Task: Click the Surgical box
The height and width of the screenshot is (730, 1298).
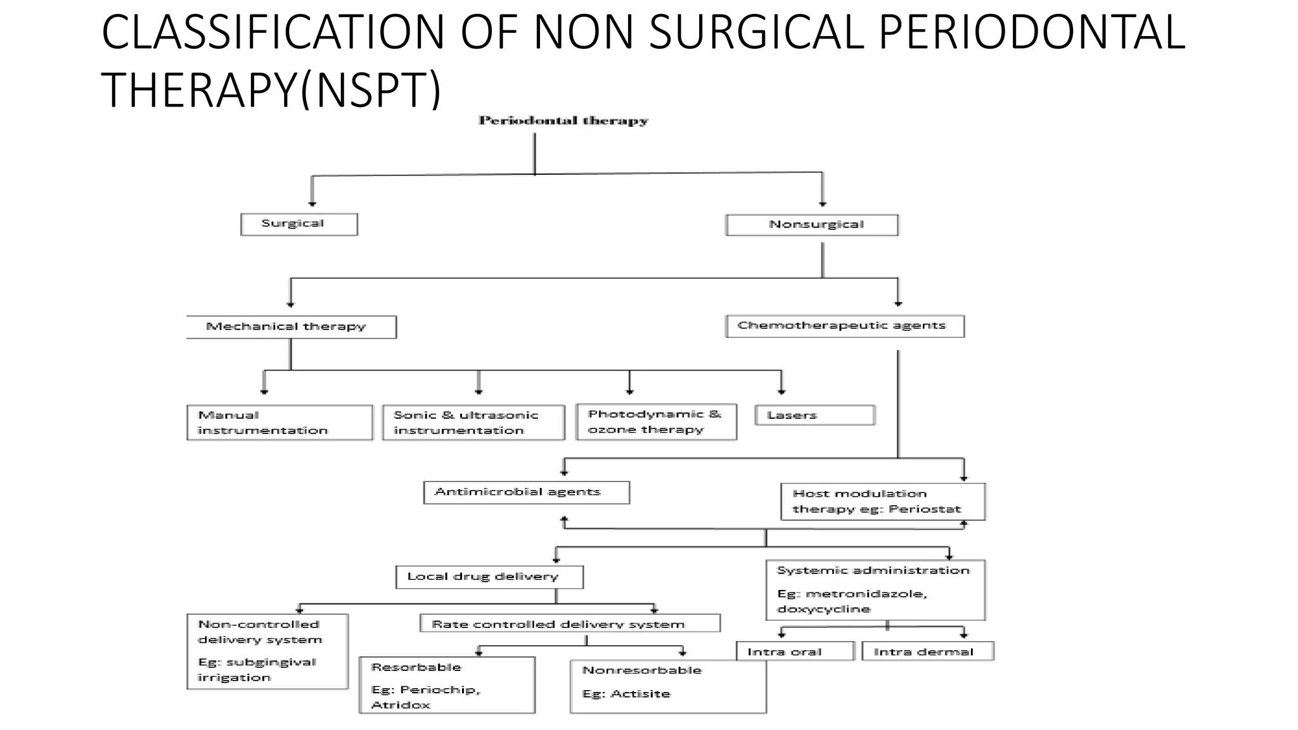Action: (299, 224)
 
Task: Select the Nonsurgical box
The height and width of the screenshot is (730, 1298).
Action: (812, 225)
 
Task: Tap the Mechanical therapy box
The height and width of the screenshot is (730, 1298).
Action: (292, 327)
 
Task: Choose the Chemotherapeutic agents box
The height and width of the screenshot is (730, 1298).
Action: (844, 326)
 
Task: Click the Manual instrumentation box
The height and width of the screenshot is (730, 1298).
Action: (280, 423)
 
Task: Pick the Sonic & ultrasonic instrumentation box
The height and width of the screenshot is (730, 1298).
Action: (473, 423)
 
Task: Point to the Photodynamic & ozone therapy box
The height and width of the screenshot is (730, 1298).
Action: (656, 422)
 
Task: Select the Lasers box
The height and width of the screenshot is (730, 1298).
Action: (815, 416)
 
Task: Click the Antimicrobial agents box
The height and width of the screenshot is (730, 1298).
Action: (526, 492)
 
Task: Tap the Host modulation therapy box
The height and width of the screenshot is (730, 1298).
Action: (883, 502)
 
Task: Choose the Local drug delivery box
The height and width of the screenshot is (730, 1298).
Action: (489, 577)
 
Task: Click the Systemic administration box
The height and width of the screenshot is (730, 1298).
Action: (875, 590)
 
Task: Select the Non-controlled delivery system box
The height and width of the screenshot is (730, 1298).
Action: (267, 651)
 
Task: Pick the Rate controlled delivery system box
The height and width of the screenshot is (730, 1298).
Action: (570, 624)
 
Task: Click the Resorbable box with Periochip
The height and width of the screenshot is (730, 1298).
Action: (447, 686)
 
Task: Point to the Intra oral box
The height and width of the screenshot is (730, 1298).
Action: (795, 652)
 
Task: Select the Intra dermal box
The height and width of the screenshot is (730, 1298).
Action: (928, 652)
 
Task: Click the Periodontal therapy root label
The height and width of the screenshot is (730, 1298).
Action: (563, 121)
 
